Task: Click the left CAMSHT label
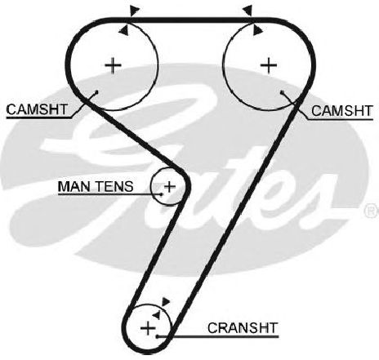click(37, 109)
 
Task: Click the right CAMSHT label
click(341, 111)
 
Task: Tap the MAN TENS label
click(96, 186)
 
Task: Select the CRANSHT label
click(243, 328)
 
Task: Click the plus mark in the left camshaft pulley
click(113, 65)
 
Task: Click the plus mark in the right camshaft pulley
click(269, 65)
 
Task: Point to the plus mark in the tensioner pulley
click(170, 187)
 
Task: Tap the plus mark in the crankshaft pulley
click(148, 328)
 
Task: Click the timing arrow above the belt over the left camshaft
click(134, 11)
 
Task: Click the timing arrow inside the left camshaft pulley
click(124, 30)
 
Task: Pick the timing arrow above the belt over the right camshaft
click(247, 11)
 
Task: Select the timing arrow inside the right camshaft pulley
click(257, 30)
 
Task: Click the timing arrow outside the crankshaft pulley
click(165, 301)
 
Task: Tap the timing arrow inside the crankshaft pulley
click(156, 315)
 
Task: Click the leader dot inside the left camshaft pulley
click(96, 92)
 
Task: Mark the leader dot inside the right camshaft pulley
click(282, 92)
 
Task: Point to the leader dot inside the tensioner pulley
click(161, 194)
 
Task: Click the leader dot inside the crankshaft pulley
click(157, 337)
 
